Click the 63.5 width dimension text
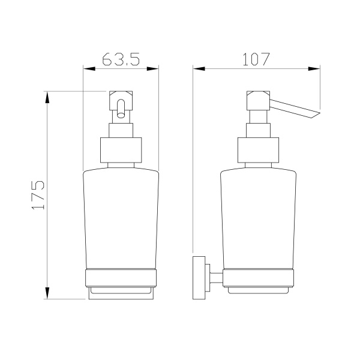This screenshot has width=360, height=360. pos(121,59)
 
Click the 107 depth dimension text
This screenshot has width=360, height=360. pos(256,59)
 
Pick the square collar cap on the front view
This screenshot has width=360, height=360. pos(120,150)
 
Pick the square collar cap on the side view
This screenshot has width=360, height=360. pos(259,150)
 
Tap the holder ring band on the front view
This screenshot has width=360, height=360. pos(120,278)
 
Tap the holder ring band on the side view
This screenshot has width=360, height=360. pos(259,278)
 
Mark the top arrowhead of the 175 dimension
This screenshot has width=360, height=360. pos(47,97)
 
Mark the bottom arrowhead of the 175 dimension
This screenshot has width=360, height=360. pos(47,293)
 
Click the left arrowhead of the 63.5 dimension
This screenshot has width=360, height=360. pos(88,69)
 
